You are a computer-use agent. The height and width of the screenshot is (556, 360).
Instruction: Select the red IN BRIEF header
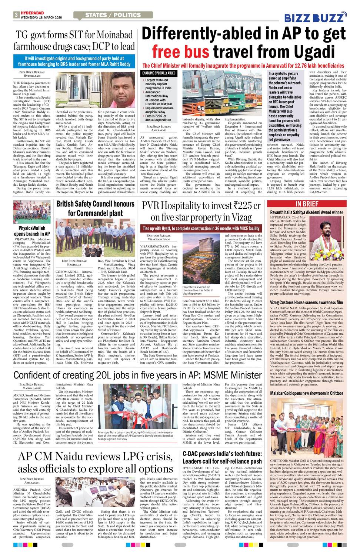pos(307,204)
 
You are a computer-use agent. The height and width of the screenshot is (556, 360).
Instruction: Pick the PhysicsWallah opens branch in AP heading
pos(31,231)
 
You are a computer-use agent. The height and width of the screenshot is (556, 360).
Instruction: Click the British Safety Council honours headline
pos(95,208)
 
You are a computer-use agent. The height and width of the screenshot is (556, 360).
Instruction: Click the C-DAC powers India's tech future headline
pos(222,457)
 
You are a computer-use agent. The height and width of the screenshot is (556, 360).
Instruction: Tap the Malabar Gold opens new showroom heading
pos(306,393)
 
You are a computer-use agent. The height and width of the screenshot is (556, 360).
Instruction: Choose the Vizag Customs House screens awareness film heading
pos(306,302)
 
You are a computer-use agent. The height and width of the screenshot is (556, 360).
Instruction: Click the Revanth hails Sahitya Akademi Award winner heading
pos(306,212)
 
